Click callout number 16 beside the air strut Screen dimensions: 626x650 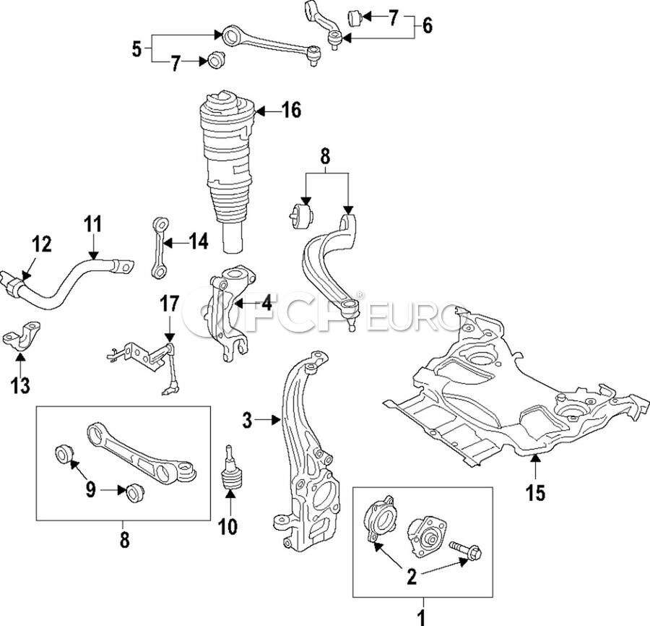pos(290,111)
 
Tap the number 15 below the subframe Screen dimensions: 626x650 pos(535,494)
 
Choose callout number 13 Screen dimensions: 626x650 pos(20,385)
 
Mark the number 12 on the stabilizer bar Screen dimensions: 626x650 pos(41,245)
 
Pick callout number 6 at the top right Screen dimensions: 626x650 pos(427,26)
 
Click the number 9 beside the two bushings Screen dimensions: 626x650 pos(92,489)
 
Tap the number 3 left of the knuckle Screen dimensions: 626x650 pos(248,420)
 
